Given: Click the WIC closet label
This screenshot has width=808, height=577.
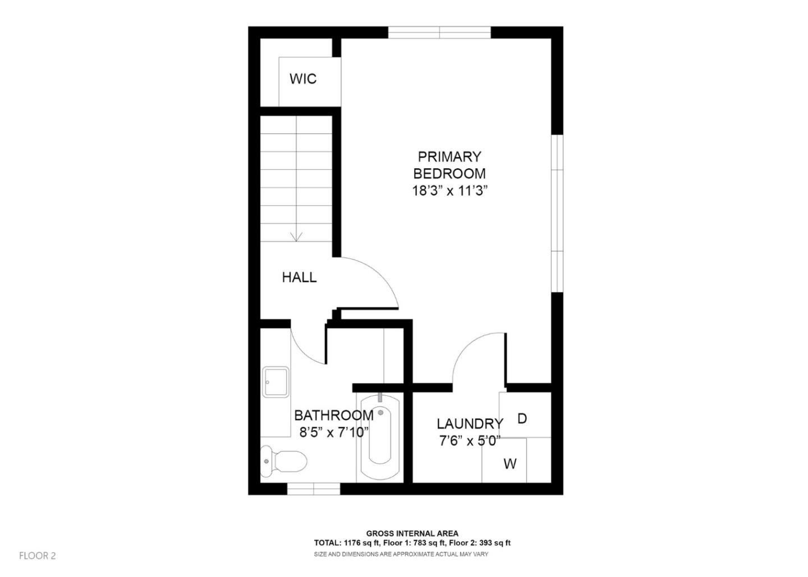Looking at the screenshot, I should [x=303, y=79].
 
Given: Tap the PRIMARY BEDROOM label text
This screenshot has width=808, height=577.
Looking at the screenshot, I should [x=449, y=165].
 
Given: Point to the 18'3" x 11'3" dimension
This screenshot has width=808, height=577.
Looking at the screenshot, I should [x=449, y=191].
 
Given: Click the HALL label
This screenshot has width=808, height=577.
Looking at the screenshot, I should [x=299, y=277].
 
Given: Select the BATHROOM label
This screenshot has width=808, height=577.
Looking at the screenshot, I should [x=334, y=416].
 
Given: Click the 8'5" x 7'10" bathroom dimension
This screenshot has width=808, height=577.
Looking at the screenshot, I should [x=334, y=432].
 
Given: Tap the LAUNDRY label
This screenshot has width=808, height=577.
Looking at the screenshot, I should [x=470, y=424].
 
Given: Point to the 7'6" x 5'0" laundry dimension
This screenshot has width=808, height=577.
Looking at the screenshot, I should [x=470, y=441].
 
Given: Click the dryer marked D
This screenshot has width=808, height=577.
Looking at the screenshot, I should [x=522, y=418].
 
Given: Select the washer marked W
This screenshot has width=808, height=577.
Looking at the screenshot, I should [x=509, y=464].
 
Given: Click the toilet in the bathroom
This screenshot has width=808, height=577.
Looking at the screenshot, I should [x=283, y=461].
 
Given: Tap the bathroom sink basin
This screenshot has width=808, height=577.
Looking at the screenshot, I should [x=276, y=382].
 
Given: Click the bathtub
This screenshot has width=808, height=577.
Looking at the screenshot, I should [x=380, y=437].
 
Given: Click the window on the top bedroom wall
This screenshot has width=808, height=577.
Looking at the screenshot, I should [x=439, y=32].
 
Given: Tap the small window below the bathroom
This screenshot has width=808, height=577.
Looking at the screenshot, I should [x=314, y=490].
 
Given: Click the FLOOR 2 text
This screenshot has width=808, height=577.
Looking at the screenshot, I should [x=38, y=556].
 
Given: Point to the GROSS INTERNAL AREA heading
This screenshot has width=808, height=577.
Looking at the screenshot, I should [x=412, y=533].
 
